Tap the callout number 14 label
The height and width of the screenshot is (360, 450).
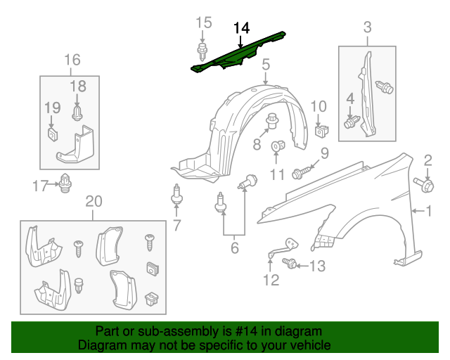click(x=241, y=27)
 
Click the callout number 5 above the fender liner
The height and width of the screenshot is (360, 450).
click(x=266, y=66)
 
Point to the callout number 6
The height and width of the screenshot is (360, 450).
click(x=234, y=247)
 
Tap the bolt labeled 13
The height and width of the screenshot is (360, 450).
click(x=289, y=264)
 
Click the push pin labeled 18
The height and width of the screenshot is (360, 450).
click(x=77, y=111)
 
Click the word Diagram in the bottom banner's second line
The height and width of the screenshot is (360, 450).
click(x=100, y=346)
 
